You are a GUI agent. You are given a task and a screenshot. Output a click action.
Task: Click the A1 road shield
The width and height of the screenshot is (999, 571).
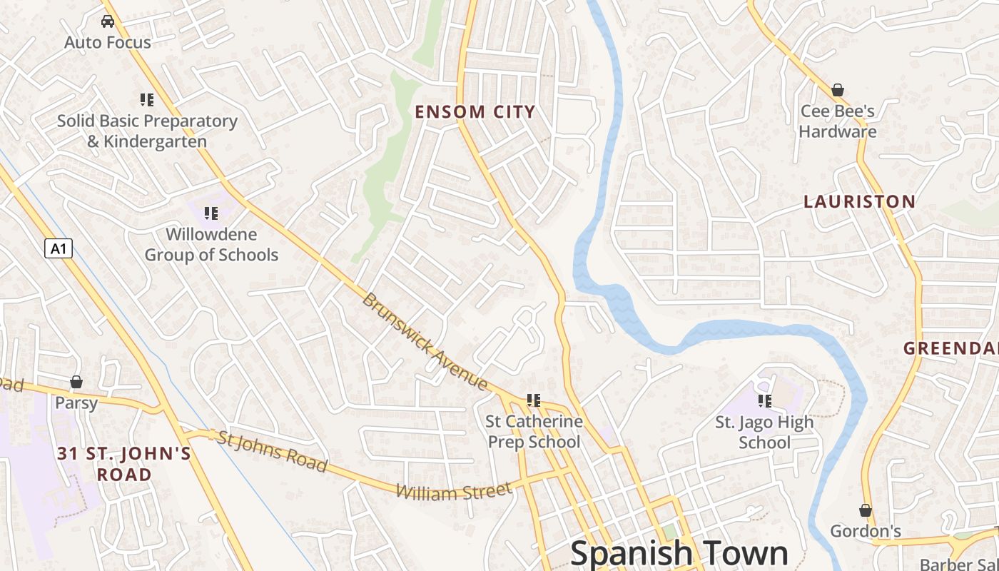tap(59, 248)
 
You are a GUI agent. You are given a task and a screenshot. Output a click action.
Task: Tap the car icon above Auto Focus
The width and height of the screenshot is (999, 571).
tap(108, 21)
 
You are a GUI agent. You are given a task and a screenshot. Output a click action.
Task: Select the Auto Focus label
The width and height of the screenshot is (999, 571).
tap(108, 43)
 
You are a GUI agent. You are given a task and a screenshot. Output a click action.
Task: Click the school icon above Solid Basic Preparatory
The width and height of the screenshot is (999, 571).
tap(147, 100)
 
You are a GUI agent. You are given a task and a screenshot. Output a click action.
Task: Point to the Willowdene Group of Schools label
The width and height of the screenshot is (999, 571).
tap(211, 244)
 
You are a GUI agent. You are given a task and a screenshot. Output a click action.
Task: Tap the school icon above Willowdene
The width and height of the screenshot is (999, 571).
tap(211, 213)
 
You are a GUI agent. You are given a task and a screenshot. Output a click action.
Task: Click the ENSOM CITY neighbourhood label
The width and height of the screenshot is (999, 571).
tap(475, 112)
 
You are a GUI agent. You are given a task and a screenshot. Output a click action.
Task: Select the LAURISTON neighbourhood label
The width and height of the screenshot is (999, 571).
tap(859, 202)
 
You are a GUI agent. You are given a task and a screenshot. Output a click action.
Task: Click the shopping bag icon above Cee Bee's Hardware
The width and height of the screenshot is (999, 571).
tap(838, 91)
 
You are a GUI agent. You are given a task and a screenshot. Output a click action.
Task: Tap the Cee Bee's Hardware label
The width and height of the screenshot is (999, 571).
tap(838, 121)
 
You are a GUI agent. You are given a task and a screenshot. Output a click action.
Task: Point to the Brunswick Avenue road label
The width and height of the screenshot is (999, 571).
tap(425, 342)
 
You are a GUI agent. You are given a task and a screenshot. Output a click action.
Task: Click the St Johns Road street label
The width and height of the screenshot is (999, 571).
tap(272, 451)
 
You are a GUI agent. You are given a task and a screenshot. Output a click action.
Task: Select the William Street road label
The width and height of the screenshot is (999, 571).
tap(454, 491)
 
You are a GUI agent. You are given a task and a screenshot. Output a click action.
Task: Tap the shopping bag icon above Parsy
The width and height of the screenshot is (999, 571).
tap(76, 382)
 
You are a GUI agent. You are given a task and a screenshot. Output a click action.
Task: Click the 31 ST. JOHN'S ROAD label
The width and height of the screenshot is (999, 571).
tap(124, 464)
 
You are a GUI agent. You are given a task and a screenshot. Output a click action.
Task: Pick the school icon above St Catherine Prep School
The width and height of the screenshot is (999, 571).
tap(534, 400)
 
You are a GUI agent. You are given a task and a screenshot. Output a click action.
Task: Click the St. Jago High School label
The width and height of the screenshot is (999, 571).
tap(764, 433)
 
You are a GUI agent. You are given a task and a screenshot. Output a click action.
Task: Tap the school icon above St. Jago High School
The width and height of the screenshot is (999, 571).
tap(765, 401)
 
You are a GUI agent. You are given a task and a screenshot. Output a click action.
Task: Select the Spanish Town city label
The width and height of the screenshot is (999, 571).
tap(679, 553)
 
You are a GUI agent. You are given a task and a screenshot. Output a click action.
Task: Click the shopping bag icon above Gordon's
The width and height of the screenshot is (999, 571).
tap(866, 510)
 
